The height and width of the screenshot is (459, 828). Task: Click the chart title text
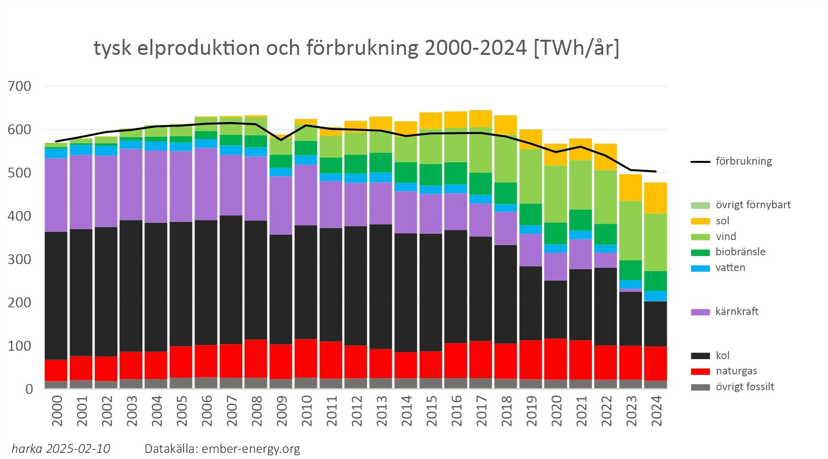pos(356,48)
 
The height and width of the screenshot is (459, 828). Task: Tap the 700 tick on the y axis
pos(19,86)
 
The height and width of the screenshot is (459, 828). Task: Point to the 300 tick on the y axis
pos(19,259)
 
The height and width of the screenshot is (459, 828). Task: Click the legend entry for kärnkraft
pos(736,312)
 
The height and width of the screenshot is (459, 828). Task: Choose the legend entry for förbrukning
pos(743,161)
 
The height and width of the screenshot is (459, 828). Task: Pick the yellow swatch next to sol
pos(700,221)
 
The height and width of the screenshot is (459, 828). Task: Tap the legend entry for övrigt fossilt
pos(745,387)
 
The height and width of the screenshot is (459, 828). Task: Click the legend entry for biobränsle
pos(740,252)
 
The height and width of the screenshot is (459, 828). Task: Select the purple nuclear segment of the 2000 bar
pos(56,195)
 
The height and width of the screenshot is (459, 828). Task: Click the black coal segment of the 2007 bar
pos(231,279)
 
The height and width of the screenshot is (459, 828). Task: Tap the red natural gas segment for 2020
pos(556,359)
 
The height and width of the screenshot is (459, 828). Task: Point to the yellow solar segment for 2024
pos(656,198)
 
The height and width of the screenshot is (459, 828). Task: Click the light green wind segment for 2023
pos(631,230)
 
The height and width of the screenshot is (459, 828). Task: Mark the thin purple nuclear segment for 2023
pos(631,290)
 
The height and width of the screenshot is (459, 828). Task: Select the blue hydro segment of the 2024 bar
pos(656,296)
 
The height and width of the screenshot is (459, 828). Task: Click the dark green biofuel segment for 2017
pos(481,184)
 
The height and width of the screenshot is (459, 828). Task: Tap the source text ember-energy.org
pos(251,449)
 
